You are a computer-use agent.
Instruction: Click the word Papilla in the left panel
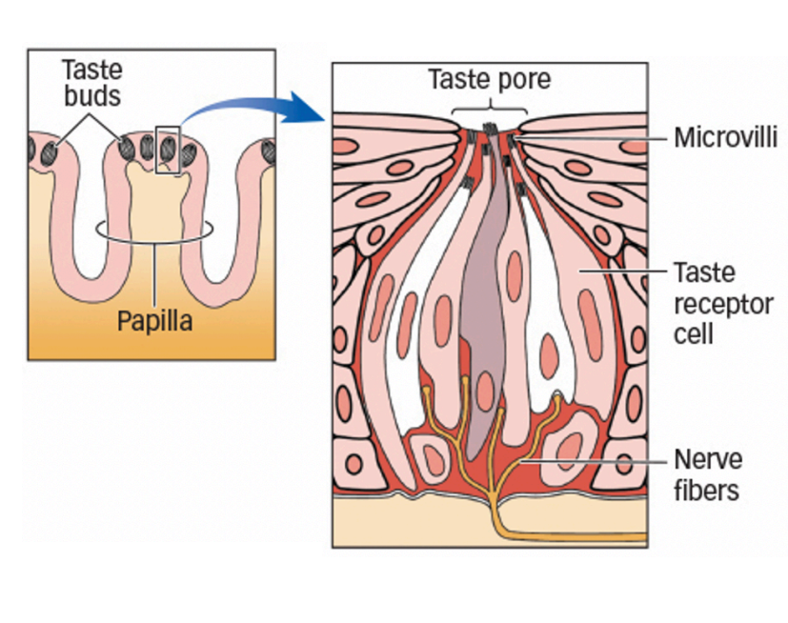pos(154,320)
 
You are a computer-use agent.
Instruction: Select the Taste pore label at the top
pos(489,78)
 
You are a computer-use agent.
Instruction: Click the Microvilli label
pos(725,137)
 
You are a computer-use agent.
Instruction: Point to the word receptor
pos(723,305)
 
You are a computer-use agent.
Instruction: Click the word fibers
pos(706,491)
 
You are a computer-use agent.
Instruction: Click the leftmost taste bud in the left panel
pos(44,150)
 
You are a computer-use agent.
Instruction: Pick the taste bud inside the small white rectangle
pos(169,149)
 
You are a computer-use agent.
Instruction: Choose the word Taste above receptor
pos(704,273)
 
